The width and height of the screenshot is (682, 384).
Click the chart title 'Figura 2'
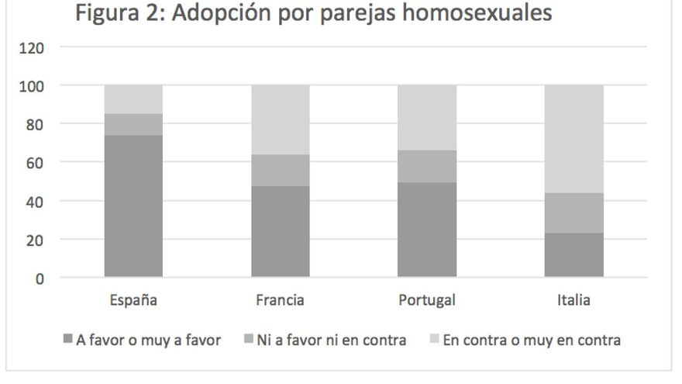click(313, 15)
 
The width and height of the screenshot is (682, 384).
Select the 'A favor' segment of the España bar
click(133, 206)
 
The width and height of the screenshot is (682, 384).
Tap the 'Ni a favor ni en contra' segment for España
click(133, 124)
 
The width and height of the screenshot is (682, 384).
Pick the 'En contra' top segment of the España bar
click(133, 99)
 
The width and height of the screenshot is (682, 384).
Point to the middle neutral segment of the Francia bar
click(280, 170)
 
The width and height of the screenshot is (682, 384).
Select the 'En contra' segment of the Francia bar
click(280, 119)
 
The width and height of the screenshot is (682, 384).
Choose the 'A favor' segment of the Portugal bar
click(427, 230)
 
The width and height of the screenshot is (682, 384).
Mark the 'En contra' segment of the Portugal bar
click(427, 117)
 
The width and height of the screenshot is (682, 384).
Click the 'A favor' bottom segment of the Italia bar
click(573, 254)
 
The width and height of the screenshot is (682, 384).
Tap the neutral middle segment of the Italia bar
click(573, 213)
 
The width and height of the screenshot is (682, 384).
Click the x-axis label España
click(133, 300)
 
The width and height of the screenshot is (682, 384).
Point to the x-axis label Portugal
click(427, 300)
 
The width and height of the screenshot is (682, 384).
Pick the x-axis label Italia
click(573, 300)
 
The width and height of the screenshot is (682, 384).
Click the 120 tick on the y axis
click(33, 47)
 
